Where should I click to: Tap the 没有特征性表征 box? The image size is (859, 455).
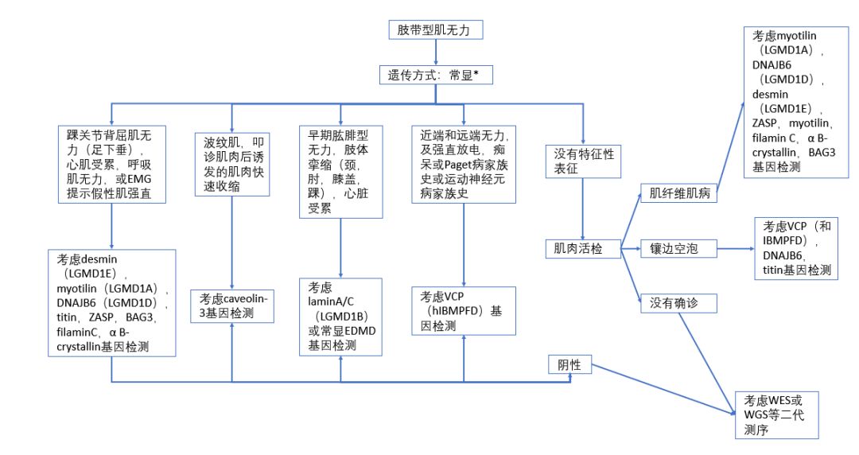pos(584,161)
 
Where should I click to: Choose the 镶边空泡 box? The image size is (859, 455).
pos(678,249)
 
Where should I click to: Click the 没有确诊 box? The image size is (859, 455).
pos(678,303)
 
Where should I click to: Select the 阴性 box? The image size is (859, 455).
pos(570,365)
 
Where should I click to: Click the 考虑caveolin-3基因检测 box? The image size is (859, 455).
pos(231,307)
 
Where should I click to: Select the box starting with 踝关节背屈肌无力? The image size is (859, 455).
pos(111,165)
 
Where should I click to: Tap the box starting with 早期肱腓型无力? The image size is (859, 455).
pos(340,170)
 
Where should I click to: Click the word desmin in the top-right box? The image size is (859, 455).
pos(769,94)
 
